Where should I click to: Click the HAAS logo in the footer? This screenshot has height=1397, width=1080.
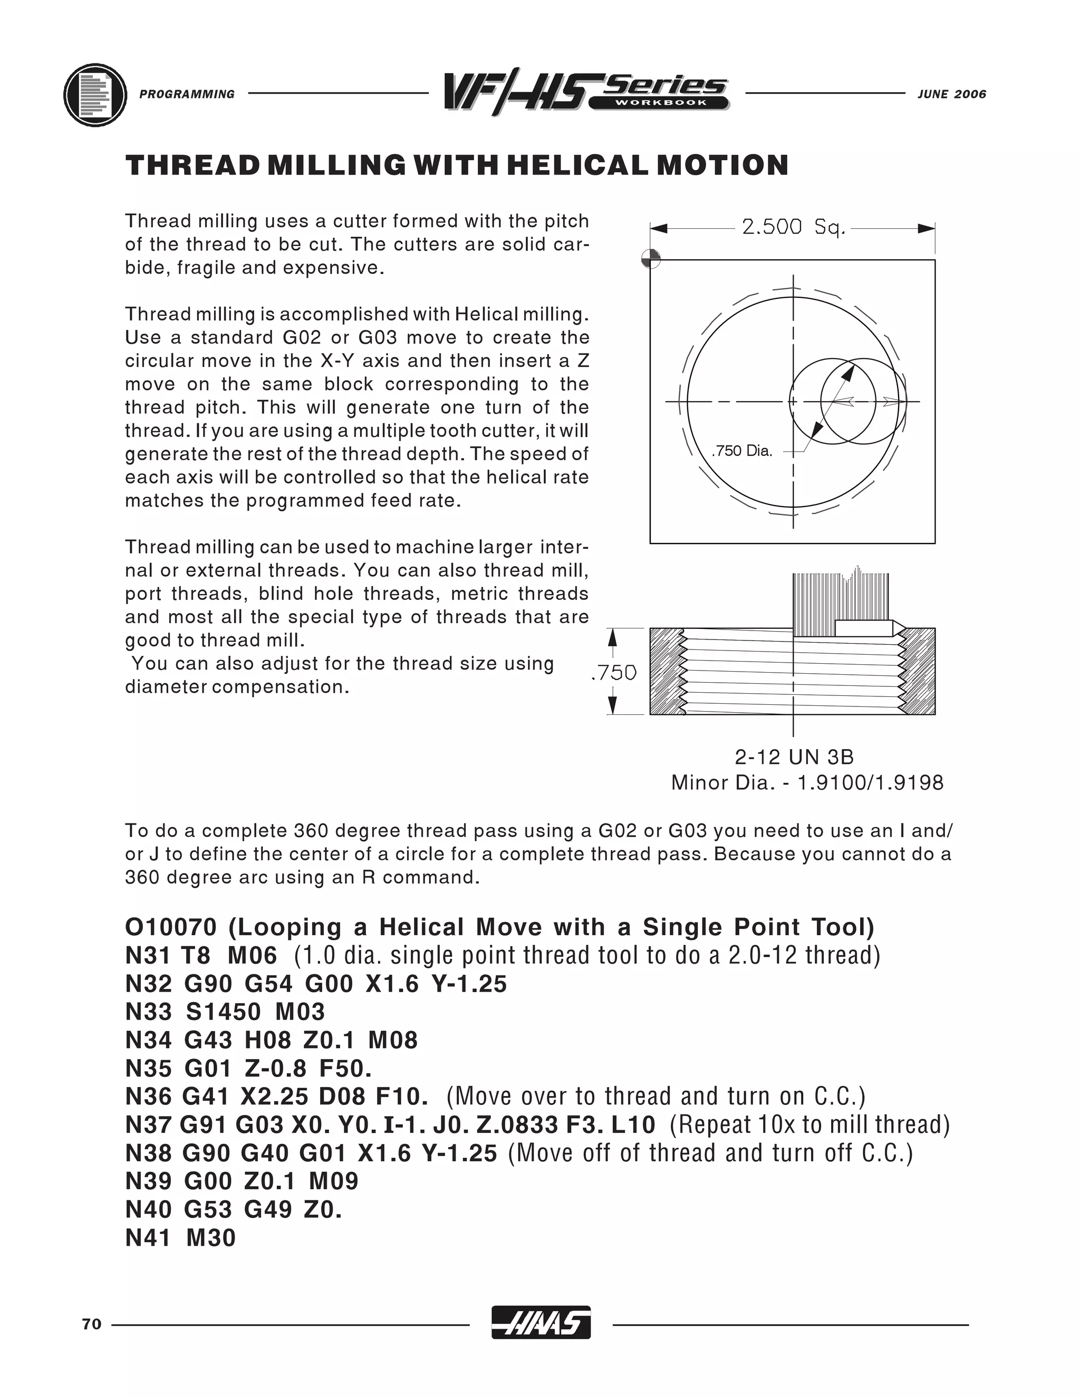541,1322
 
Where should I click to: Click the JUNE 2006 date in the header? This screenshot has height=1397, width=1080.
951,94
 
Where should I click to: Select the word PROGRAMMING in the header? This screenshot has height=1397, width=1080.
187,94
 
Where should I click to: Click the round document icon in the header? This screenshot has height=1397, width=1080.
95,95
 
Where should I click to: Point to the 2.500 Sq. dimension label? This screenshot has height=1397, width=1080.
793,227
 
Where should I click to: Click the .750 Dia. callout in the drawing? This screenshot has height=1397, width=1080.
742,451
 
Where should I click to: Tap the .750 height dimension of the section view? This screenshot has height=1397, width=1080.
614,672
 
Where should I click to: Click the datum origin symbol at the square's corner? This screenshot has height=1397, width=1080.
651,259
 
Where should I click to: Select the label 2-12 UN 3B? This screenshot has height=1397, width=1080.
794,758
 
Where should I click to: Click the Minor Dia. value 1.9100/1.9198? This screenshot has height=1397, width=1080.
870,783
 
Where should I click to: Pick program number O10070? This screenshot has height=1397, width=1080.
171,927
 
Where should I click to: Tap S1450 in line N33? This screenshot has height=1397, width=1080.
223,1012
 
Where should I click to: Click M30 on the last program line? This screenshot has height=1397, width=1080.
210,1238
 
